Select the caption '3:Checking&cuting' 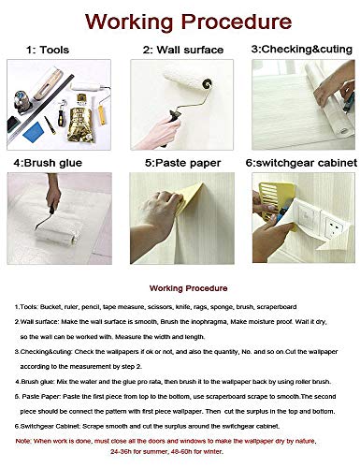[x=297, y=48]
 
